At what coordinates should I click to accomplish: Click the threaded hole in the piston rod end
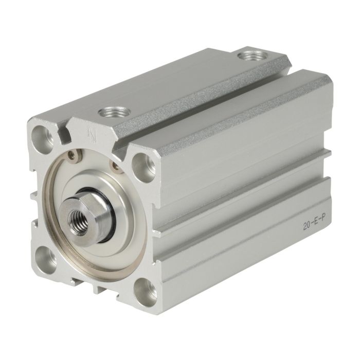coord(78,222)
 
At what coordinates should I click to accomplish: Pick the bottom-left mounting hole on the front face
coord(46,260)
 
